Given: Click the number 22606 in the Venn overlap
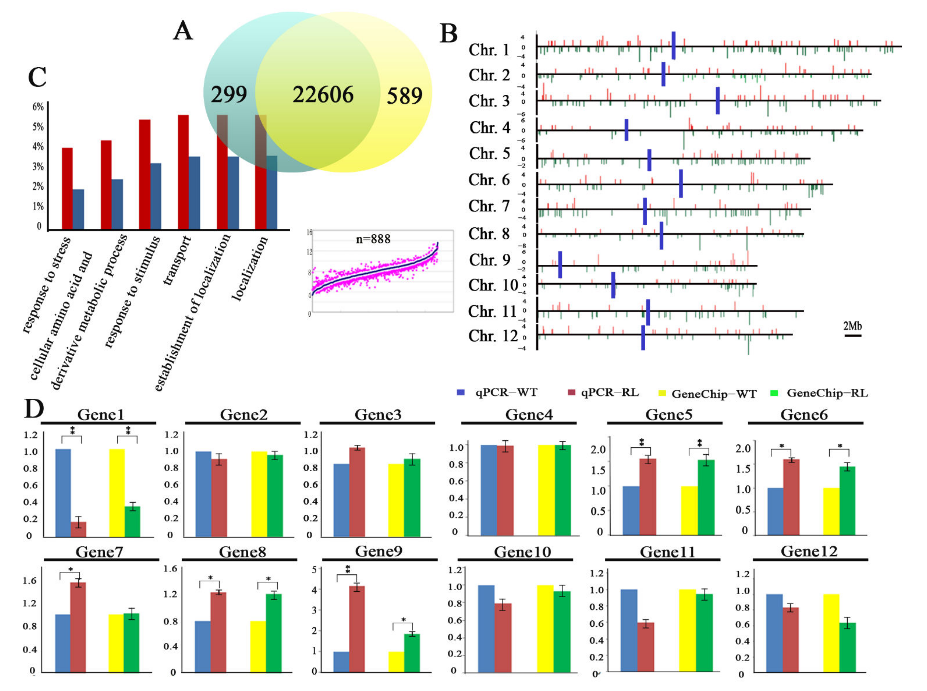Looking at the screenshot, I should (x=323, y=94).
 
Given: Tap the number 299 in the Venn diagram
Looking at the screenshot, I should (x=229, y=94).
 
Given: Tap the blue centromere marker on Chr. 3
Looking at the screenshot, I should (x=717, y=100).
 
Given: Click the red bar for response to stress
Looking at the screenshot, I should (x=67, y=188).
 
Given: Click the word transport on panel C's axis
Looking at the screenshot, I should (x=177, y=260).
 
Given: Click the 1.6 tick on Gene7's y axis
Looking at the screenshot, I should (x=30, y=581).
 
